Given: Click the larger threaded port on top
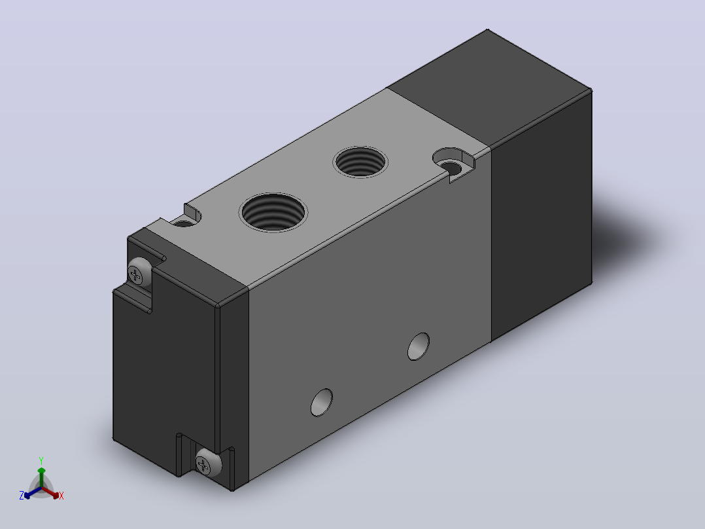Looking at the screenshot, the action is click(x=273, y=213).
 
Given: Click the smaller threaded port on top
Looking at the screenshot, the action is click(x=360, y=162).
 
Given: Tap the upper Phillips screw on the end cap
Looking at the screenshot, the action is click(x=139, y=272).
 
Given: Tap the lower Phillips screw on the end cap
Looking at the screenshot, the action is click(x=208, y=463).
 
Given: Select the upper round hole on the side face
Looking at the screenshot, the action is click(x=418, y=346).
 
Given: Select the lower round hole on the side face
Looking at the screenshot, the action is click(x=322, y=403).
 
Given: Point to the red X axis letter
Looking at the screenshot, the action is click(x=61, y=496).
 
